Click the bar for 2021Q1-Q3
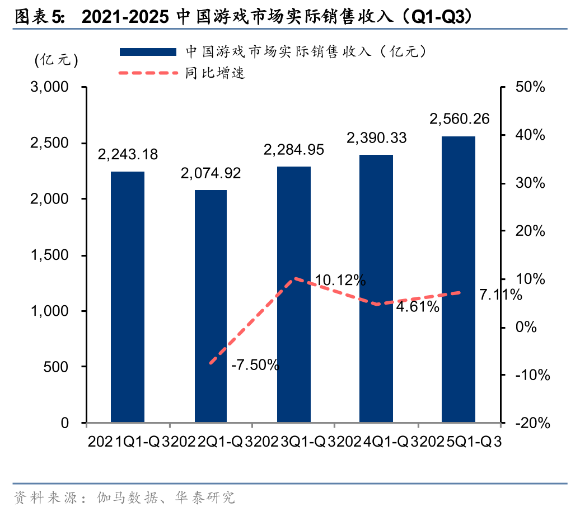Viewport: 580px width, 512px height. coord(128,297)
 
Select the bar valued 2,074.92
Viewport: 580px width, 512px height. coord(211,306)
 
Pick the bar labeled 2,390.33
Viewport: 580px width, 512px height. coord(376,288)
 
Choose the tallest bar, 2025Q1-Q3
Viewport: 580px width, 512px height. coord(459,279)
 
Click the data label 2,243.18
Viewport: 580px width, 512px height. coord(128,154)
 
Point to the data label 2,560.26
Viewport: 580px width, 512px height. coord(459,119)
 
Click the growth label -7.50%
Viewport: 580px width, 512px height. coord(255,366)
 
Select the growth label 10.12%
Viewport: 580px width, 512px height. coord(340,280)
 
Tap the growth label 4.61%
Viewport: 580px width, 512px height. coord(417,307)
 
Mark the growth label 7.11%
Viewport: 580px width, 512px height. coord(501,295)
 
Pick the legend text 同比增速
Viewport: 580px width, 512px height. coord(216,72)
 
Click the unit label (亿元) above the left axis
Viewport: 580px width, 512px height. coord(56,60)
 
